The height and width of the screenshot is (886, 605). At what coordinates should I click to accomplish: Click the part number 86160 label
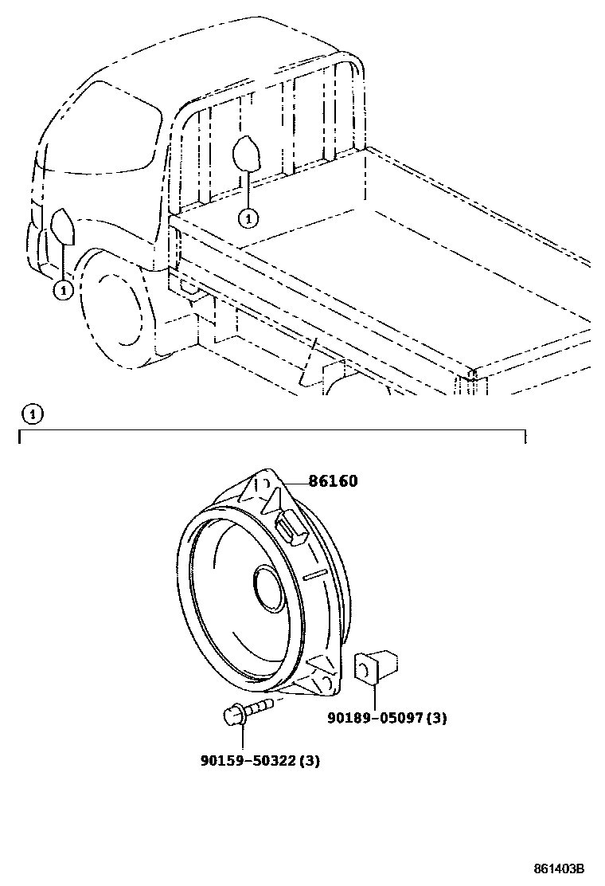(333, 481)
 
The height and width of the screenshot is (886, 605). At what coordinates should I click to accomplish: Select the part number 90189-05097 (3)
(387, 718)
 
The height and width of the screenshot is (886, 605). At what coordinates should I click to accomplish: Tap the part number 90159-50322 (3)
(260, 761)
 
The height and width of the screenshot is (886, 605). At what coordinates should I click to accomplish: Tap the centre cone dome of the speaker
(266, 590)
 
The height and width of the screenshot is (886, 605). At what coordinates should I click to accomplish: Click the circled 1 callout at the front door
(63, 291)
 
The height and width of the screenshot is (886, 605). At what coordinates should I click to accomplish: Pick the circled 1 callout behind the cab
(248, 216)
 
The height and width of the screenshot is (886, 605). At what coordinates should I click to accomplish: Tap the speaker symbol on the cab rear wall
(248, 153)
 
